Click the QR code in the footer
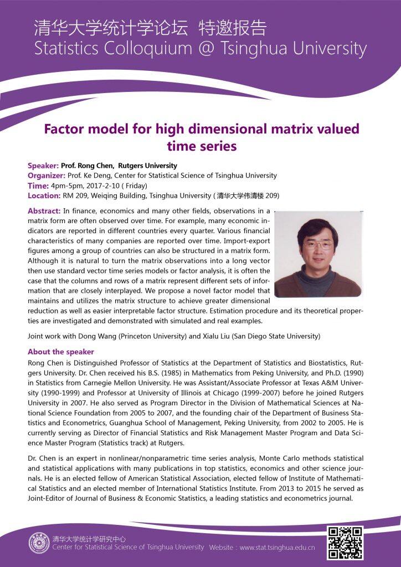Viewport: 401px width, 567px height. (x=345, y=542)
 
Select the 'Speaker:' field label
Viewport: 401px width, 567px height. (x=43, y=166)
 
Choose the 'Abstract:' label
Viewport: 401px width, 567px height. (x=44, y=211)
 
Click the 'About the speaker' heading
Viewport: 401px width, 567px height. (x=61, y=352)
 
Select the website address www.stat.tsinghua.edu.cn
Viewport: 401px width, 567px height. (x=277, y=548)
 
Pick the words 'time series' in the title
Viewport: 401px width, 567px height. (x=202, y=146)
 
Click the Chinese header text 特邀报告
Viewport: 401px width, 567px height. (x=235, y=28)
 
